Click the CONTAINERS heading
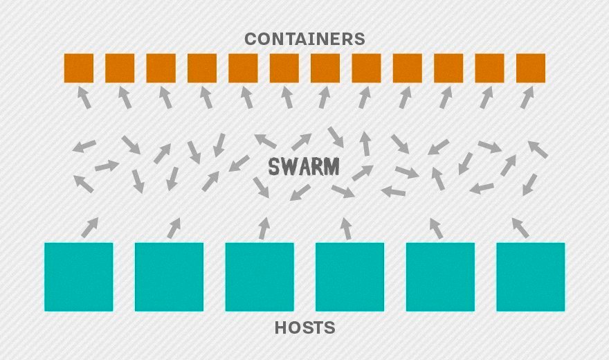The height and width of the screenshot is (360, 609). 304,39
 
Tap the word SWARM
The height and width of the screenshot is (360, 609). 304,166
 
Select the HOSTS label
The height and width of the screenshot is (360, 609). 304,327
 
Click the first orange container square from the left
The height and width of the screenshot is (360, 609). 78,68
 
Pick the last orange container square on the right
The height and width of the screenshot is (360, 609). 531,68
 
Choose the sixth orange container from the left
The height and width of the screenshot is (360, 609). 284,68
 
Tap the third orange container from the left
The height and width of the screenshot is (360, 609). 161,68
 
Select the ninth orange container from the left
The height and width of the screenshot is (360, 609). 408,68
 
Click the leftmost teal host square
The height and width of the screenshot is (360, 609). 78,277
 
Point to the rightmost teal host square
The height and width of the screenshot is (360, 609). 531,277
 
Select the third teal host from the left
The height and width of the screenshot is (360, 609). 260,277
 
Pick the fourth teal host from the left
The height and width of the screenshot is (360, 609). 350,277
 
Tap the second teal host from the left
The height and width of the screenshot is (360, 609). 169,277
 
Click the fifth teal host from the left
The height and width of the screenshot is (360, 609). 440,277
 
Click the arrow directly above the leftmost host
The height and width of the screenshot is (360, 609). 89,227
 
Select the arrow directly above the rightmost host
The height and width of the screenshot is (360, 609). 520,227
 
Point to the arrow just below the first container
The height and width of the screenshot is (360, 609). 83,98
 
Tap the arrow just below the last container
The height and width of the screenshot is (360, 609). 527,98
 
